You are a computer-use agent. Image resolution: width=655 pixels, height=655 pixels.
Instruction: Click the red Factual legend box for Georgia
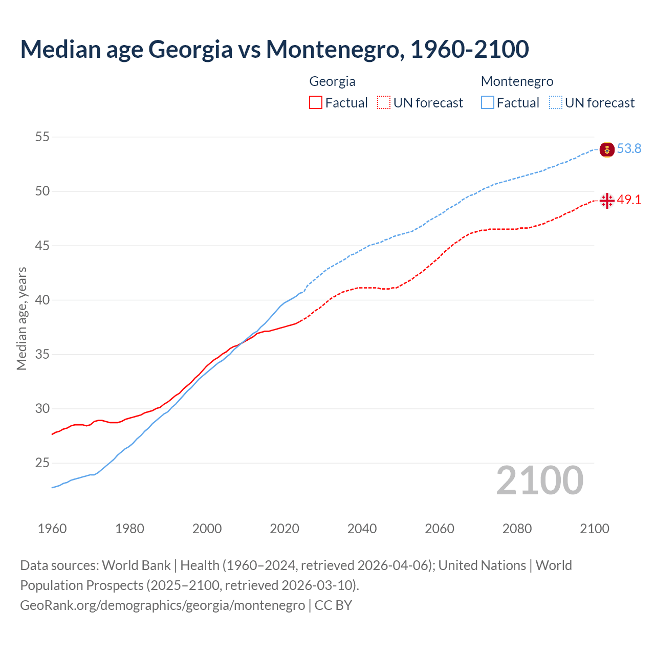coord(316,102)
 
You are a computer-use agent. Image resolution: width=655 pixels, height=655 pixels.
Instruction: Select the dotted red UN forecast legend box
coord(384,102)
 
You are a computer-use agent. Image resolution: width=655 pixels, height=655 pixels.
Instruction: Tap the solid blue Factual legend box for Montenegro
coord(487,102)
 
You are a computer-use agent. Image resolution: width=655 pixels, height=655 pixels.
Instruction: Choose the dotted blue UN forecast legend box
coord(555,102)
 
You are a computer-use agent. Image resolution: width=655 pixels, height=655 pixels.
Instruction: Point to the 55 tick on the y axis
coord(42,137)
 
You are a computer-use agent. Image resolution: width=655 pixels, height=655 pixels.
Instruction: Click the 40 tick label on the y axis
coord(42,300)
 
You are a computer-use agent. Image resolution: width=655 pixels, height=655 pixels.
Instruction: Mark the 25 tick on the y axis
coord(42,463)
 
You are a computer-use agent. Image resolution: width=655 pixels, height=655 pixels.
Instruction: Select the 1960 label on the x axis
coord(52,529)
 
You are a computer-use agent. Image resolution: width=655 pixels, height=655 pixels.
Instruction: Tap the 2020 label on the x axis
coord(285,529)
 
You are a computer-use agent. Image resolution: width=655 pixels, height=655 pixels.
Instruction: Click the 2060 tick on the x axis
coord(440,529)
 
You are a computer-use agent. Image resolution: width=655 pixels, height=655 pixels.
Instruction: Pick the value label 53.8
coord(629,149)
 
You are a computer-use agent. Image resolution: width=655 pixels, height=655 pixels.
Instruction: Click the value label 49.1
coord(629,200)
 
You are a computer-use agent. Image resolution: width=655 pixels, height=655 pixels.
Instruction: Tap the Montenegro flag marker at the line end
coord(607,149)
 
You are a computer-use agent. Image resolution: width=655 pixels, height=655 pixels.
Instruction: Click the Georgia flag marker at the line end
coord(607,201)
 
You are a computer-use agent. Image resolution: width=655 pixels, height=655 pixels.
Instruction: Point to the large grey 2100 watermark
coord(539,480)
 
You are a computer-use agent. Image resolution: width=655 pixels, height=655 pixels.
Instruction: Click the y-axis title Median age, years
coord(21,318)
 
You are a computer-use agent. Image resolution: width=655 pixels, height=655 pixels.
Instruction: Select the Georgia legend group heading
coord(332,81)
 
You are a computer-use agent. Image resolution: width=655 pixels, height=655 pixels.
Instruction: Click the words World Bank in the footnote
coord(136,565)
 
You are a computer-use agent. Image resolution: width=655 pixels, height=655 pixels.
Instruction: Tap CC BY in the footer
coord(333,605)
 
